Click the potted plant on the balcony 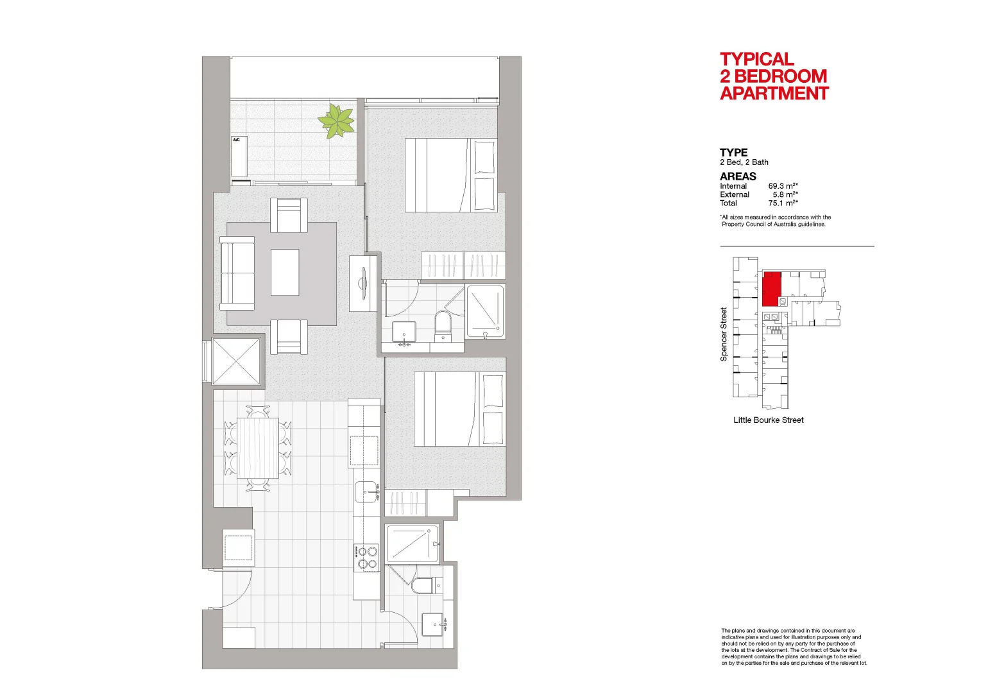click(336, 121)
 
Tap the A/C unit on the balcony click(239, 157)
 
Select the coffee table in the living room click(285, 272)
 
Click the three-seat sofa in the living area click(237, 273)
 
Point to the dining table click(258, 448)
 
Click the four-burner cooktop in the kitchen click(366, 558)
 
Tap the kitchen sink click(367, 492)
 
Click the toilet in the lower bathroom click(425, 586)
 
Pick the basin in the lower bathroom click(434, 624)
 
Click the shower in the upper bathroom click(485, 311)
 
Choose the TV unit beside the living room click(363, 283)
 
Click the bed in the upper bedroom click(451, 175)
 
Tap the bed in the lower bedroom click(459, 409)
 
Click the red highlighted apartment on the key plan click(771, 288)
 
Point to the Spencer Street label click(724, 334)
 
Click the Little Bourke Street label click(769, 420)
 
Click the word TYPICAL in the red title click(757, 59)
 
